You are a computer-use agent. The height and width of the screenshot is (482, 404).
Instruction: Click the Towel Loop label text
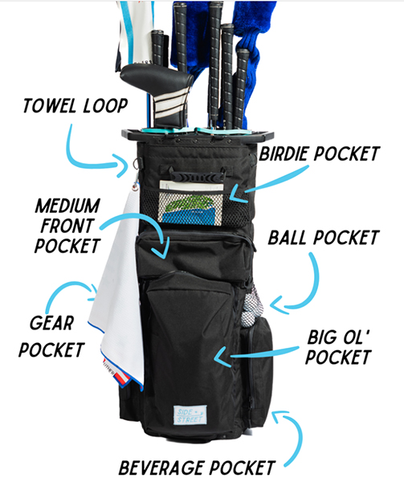click(75, 106)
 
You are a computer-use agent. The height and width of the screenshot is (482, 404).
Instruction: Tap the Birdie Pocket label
click(320, 153)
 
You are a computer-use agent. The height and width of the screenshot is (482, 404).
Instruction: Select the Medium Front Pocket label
click(67, 226)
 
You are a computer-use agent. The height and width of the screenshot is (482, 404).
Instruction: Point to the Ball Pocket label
click(324, 238)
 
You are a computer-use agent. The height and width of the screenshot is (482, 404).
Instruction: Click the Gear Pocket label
click(51, 337)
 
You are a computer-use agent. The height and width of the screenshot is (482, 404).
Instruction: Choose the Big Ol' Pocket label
click(339, 347)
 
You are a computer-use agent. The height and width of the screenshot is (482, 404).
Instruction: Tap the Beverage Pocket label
click(197, 468)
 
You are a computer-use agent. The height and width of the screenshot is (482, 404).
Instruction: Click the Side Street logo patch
click(190, 415)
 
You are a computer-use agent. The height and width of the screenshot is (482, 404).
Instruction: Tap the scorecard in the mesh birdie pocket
click(191, 203)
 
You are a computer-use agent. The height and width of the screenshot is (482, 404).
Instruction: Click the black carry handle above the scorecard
click(197, 174)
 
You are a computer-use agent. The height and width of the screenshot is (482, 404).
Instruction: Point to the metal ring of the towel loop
click(136, 165)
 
